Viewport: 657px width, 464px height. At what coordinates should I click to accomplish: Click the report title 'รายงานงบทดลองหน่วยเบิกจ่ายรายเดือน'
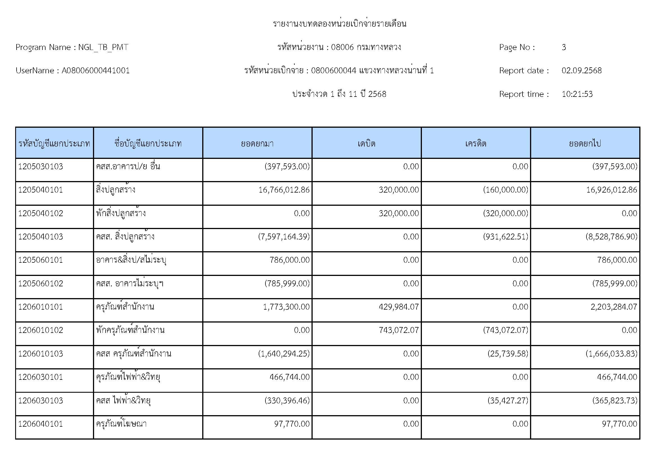click(x=339, y=24)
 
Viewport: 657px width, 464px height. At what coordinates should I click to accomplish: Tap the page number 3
click(x=563, y=47)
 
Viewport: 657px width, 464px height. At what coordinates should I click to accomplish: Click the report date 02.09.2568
click(x=581, y=71)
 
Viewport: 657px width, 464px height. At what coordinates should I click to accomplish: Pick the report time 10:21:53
click(x=577, y=94)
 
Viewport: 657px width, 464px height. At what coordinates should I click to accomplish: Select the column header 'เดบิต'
click(x=366, y=143)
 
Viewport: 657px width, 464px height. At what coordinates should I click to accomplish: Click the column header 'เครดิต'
click(x=476, y=143)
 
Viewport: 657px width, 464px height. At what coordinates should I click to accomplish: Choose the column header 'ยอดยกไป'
click(x=585, y=143)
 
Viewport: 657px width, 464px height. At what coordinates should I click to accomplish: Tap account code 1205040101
click(x=41, y=190)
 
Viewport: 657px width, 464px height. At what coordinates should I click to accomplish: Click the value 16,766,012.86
click(x=284, y=190)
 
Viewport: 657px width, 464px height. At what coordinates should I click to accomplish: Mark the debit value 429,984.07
click(x=399, y=307)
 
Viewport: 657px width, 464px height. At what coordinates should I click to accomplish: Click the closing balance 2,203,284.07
click(x=613, y=307)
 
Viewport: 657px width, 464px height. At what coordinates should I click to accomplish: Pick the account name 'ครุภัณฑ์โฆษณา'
click(x=121, y=424)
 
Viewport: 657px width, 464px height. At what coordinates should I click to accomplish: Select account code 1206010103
click(x=41, y=354)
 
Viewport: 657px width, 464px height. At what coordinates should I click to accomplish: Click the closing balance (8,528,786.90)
click(x=611, y=237)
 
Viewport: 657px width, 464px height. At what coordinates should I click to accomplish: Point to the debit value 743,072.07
click(x=399, y=330)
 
